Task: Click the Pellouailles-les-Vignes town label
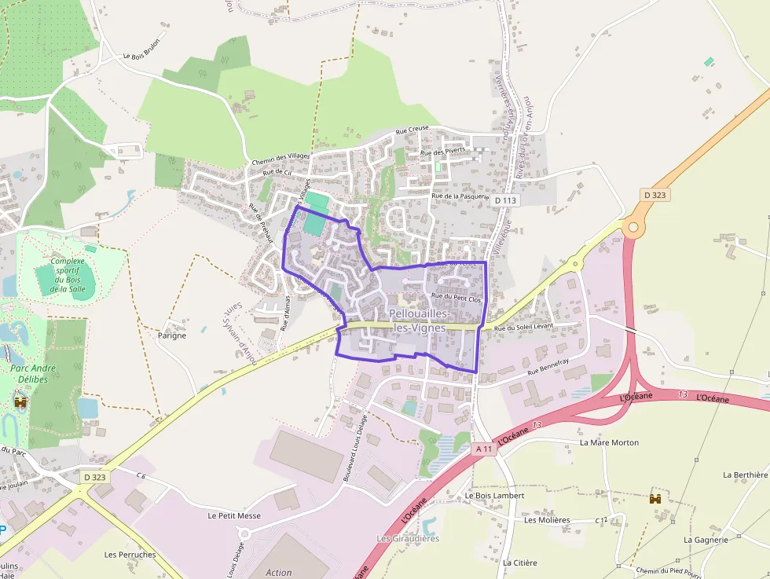tap(417, 321)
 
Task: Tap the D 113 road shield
tap(506, 200)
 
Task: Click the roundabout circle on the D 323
tap(632, 228)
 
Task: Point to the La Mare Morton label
tap(609, 442)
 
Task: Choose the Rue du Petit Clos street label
tap(456, 298)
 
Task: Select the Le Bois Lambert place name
tap(494, 496)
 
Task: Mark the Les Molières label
tap(547, 520)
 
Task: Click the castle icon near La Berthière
tap(654, 498)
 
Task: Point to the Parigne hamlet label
tap(172, 335)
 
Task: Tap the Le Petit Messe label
tap(233, 516)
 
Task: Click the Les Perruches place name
tap(130, 554)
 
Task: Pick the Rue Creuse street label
tap(412, 131)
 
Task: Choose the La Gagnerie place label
tap(706, 540)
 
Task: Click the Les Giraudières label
tap(408, 538)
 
